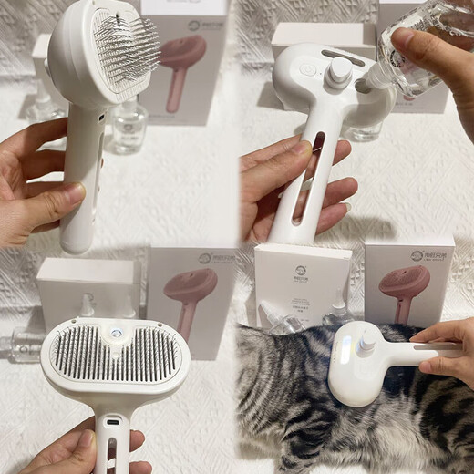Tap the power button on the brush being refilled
tap(307, 69)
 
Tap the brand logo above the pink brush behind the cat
tap(417, 256)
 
